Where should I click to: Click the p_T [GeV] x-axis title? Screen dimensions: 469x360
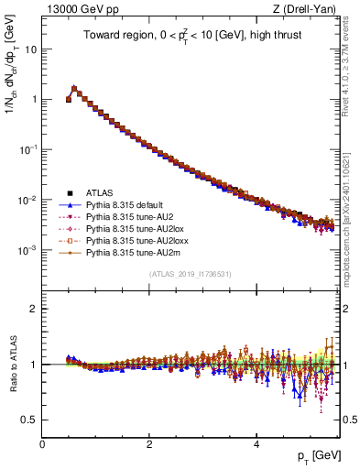[317, 455]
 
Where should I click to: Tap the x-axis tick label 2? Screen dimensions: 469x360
[149, 443]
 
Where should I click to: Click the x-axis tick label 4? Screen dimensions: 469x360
[256, 443]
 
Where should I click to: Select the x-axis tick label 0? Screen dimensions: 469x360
[43, 443]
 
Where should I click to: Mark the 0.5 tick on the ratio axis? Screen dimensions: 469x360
[30, 420]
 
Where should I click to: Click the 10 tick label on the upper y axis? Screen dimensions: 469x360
[30, 49]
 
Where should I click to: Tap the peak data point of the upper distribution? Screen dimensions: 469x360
[74, 89]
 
